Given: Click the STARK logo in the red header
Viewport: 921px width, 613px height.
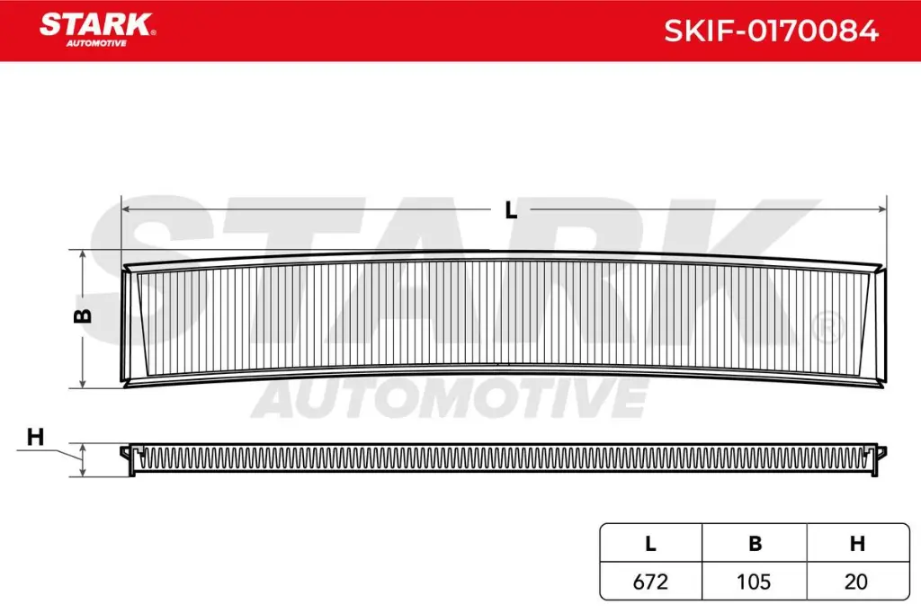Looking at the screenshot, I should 96,23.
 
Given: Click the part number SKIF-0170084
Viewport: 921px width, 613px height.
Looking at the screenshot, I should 771,31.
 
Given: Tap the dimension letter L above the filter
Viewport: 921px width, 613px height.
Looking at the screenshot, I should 511,210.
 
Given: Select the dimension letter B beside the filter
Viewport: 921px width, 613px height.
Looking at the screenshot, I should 81,315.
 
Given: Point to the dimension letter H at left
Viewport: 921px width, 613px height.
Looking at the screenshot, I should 35,438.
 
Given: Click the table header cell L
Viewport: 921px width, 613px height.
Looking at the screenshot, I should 650,543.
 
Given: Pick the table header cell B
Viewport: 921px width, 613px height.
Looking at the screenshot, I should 755,543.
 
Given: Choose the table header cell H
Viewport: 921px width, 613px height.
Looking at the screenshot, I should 857,543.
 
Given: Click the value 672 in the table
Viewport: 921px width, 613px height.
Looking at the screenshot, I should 650,582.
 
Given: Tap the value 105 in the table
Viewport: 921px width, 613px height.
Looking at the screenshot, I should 755,582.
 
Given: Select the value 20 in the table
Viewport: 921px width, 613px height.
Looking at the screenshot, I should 857,582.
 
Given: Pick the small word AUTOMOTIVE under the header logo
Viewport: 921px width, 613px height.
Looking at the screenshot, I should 96,43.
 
